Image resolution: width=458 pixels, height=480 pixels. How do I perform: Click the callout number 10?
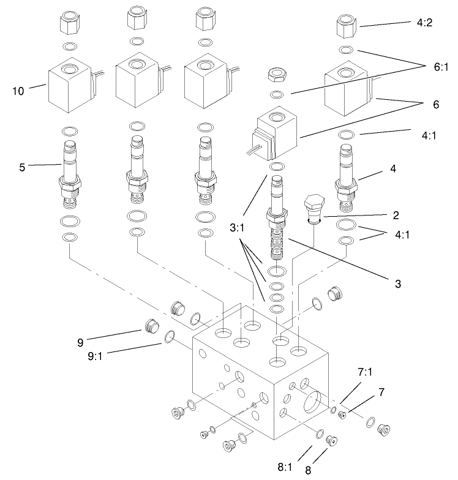coord(18,92)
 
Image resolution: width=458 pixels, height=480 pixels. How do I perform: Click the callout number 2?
coord(396,215)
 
